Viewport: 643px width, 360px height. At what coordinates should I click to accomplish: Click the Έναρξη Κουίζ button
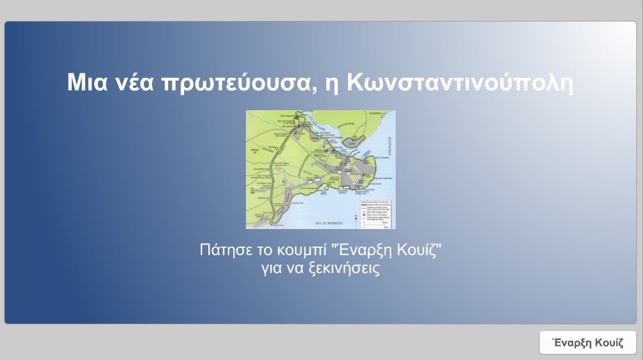coord(587,343)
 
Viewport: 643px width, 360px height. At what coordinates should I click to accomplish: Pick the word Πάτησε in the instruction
coord(224,252)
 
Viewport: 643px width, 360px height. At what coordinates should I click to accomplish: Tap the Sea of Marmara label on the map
coord(329,221)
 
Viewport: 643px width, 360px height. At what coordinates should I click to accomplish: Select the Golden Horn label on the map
coord(327,126)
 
